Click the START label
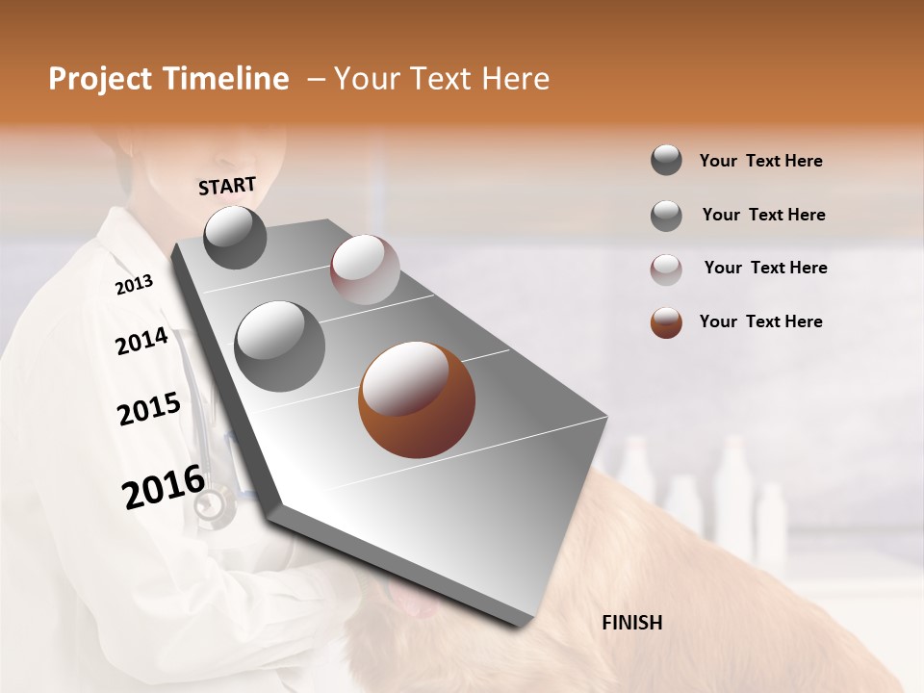click(x=227, y=186)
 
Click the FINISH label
click(x=631, y=623)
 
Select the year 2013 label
click(x=134, y=285)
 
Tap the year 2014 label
click(x=141, y=341)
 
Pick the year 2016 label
click(x=164, y=487)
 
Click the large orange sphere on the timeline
click(x=417, y=400)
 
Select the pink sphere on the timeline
click(x=365, y=269)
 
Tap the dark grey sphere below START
click(x=235, y=238)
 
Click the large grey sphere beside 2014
click(x=279, y=346)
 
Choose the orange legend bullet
click(x=666, y=322)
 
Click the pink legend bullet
click(x=666, y=269)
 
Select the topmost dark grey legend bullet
click(x=666, y=161)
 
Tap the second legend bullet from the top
click(x=666, y=216)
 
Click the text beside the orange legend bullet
click(x=760, y=321)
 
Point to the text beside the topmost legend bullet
click(x=760, y=161)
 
